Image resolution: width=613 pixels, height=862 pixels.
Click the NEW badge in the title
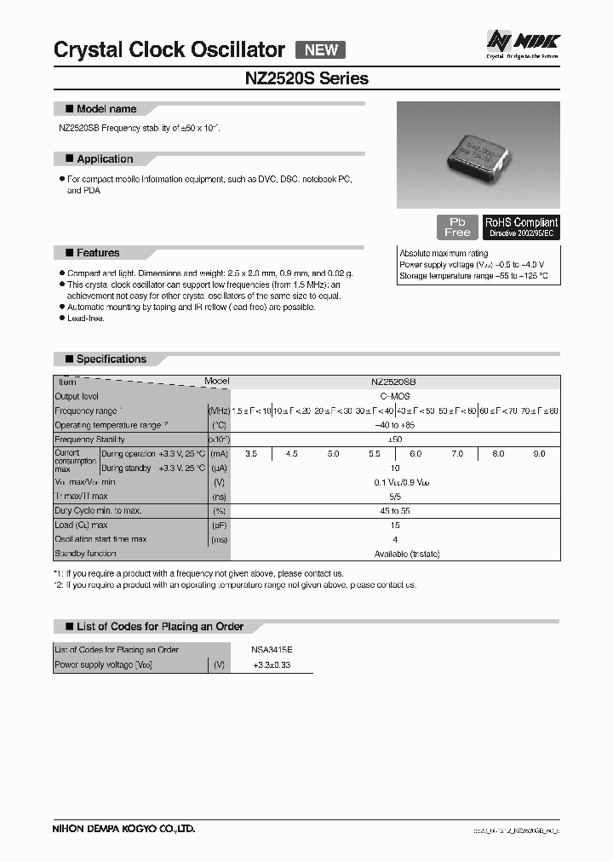pos(320,49)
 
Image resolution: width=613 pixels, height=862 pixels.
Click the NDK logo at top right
pos(523,43)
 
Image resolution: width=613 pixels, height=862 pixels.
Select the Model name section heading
pos(106,109)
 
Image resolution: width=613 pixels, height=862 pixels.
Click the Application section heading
pos(104,159)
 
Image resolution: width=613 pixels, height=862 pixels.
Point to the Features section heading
pos(97,253)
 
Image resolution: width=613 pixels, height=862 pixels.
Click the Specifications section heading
pos(111,359)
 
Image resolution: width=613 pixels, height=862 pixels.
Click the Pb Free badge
pos(457,227)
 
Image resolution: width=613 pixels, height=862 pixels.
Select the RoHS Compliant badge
pos(521,227)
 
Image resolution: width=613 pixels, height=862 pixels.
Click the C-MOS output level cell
pos(394,397)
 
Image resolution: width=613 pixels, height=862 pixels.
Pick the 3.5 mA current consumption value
pos(251,454)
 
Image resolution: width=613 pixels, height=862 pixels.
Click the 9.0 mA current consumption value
pos(539,454)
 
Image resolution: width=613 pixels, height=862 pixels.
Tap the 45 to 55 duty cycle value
pos(394,511)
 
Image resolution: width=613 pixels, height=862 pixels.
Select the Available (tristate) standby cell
pos(394,555)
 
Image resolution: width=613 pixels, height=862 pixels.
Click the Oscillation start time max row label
pos(100,540)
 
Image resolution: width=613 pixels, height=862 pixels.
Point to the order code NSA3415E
pos(272,650)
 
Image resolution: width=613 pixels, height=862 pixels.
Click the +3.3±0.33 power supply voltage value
pos(272,664)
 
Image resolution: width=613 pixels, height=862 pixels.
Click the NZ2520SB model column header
pos(394,382)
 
